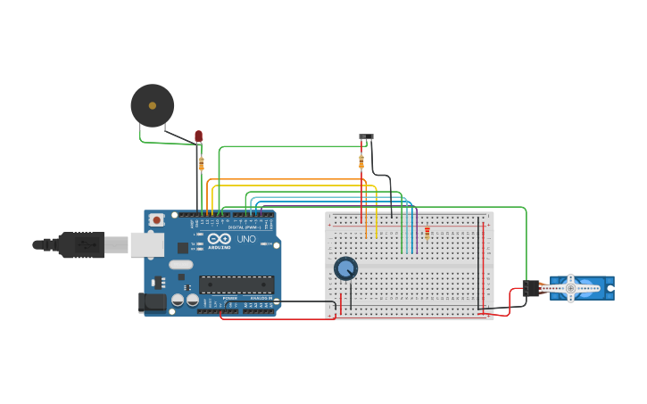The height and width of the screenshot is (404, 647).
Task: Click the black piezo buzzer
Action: coord(153,105)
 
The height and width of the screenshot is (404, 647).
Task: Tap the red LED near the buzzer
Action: coord(198,136)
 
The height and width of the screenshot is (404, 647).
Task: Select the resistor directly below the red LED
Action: coord(201,163)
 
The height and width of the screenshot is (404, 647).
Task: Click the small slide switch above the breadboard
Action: coord(366,137)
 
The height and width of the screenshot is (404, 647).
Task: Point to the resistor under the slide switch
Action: coord(361,161)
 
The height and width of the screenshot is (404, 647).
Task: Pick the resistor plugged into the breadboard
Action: coord(427,233)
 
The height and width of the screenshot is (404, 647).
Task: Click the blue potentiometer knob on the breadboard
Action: coord(345,268)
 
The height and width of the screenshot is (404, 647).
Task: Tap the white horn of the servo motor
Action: coord(570,288)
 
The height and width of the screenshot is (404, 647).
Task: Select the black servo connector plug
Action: coord(531,288)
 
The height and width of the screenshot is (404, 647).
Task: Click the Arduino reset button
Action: coord(156,219)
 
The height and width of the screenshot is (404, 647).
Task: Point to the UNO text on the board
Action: coord(245,239)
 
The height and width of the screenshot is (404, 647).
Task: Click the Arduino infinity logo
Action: coord(220,239)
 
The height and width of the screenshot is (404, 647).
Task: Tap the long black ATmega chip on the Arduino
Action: coord(236,284)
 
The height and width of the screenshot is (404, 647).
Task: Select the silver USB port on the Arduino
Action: coord(146,244)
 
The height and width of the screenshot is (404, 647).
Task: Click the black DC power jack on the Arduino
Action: coord(152,302)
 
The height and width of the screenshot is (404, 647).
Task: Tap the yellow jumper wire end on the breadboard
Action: coord(377,237)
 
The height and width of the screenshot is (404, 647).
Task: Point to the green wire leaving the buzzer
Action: coord(165,142)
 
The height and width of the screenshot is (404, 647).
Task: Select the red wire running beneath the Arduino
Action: coord(268,318)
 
